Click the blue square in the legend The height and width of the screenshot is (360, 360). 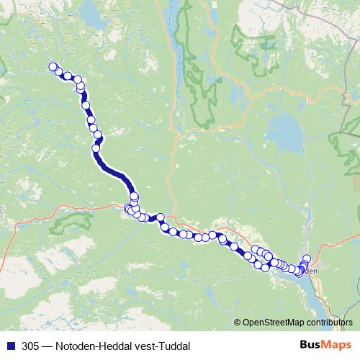[9, 346]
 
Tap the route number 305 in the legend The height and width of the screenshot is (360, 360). [30, 346]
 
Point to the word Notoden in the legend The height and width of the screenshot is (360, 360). [78, 346]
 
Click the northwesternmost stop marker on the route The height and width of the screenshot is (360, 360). [53, 67]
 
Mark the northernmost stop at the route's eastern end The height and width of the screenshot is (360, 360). [307, 258]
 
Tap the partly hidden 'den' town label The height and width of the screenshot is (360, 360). [310, 271]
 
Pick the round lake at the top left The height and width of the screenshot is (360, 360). [89, 12]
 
